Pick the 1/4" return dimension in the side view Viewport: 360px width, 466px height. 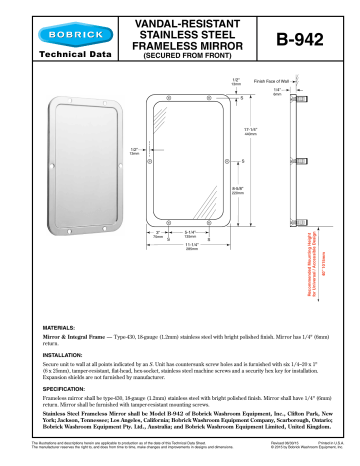click(276, 92)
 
